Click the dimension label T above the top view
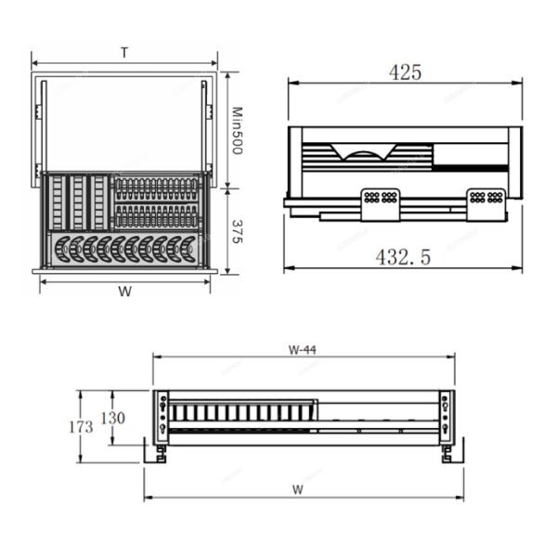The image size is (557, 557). pos(123,54)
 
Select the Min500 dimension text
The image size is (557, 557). pos(237,130)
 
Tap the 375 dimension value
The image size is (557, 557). pos(237,232)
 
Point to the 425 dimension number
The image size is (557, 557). pos(405,71)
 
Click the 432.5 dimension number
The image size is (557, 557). pos(403,257)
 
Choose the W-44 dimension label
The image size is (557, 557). pos(303,350)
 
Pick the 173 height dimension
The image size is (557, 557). pos(81,428)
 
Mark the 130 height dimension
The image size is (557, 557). pos(112,418)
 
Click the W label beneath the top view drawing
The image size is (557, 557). pos(124,291)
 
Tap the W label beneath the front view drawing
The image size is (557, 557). pos(298,488)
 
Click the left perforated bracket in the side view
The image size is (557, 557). pos(381,203)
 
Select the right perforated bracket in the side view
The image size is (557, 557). pos(486,203)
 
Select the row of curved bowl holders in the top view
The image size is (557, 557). pos(124,249)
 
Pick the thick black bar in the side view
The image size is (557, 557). pos(470,168)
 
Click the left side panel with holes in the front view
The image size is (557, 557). pos(163,416)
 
